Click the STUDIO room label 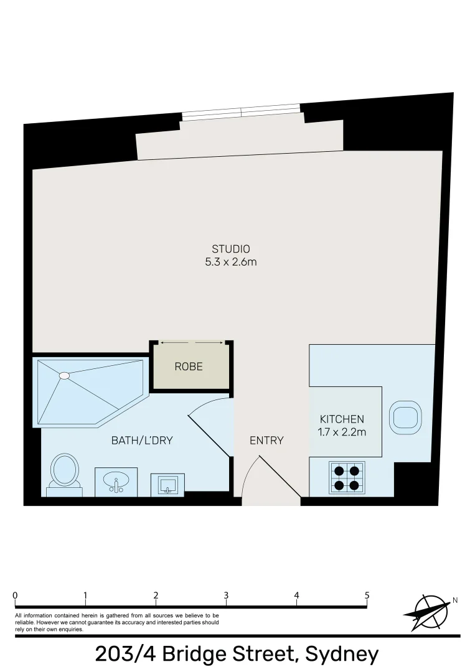[230, 250]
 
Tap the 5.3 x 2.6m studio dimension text [230, 262]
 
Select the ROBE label [189, 366]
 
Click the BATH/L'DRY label [142, 441]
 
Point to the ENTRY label [266, 441]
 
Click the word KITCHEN [342, 419]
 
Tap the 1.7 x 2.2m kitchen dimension [342, 431]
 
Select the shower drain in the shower [64, 376]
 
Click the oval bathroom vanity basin [116, 481]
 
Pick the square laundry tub [167, 484]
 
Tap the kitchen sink [405, 416]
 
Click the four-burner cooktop [347, 478]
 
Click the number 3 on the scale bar [226, 595]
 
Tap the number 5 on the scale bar [367, 595]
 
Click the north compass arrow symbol [428, 609]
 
